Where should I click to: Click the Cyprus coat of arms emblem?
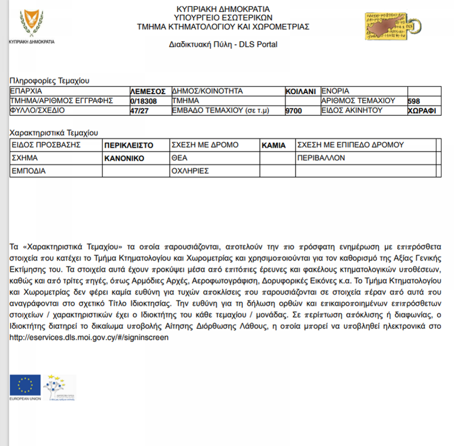pyautogui.click(x=32, y=23)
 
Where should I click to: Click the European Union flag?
pyautogui.click(x=25, y=385)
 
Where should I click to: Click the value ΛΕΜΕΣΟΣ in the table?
pyautogui.click(x=148, y=92)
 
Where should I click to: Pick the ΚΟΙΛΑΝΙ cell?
pyautogui.click(x=300, y=92)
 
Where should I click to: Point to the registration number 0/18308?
pyautogui.click(x=143, y=101)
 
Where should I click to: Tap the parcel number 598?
pyautogui.click(x=414, y=101)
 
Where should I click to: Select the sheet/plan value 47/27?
pyautogui.click(x=139, y=111)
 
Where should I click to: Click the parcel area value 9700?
pyautogui.click(x=294, y=111)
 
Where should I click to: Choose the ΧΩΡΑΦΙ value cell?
pyautogui.click(x=421, y=111)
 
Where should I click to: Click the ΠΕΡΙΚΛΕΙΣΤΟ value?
pyautogui.click(x=129, y=145)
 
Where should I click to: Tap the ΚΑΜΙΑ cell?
pyautogui.click(x=274, y=145)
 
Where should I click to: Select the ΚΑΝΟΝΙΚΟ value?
pyautogui.click(x=124, y=159)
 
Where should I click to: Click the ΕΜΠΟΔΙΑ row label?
pyautogui.click(x=29, y=171)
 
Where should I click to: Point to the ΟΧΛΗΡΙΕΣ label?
pyautogui.click(x=190, y=171)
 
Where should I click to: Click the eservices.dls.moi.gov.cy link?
pyautogui.click(x=89, y=337)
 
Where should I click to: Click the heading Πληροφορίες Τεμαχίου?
pyautogui.click(x=49, y=81)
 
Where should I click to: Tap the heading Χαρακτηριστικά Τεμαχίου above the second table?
pyautogui.click(x=53, y=133)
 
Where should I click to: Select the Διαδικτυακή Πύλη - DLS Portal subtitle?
pyautogui.click(x=223, y=44)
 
